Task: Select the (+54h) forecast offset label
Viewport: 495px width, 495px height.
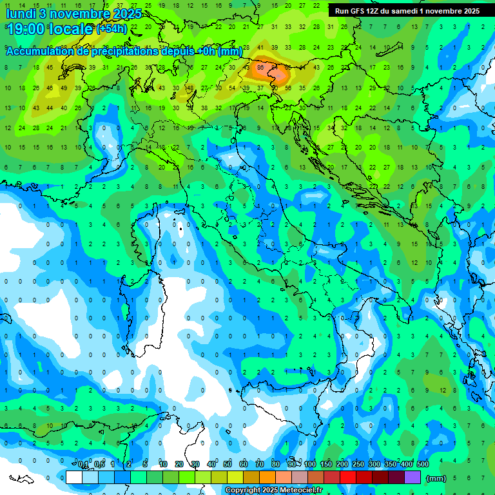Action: pos(112,29)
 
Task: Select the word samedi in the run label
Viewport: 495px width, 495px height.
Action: pos(405,11)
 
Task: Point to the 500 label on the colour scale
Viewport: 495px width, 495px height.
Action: pos(423,465)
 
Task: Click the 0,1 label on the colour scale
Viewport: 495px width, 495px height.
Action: pos(83,465)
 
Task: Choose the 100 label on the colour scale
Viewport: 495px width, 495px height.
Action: pos(310,465)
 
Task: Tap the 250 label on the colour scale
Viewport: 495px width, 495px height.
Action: pos(358,465)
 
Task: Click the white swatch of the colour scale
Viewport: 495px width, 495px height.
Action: pos(74,477)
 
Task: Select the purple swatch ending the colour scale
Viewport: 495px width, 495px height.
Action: pos(412,477)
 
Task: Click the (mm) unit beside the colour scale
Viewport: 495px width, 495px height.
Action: pos(436,478)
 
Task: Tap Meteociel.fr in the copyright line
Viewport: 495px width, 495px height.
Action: pos(297,490)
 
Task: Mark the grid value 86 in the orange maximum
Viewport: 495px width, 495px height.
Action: pos(260,67)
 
